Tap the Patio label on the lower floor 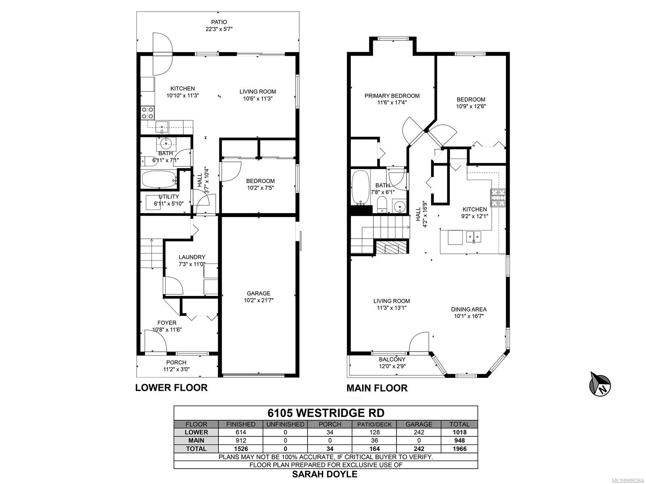219,25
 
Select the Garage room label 258,297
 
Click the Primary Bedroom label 392,99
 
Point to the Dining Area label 468,312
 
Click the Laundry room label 192,260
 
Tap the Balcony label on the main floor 392,363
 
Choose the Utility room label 169,200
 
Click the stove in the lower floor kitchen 147,113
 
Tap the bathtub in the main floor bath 360,187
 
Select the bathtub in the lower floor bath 159,180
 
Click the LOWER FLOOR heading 171,388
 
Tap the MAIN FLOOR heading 377,388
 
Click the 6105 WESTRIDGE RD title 326,413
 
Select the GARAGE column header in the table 419,424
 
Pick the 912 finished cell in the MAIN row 241,440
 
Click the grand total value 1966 459,449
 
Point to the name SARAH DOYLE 325,474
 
